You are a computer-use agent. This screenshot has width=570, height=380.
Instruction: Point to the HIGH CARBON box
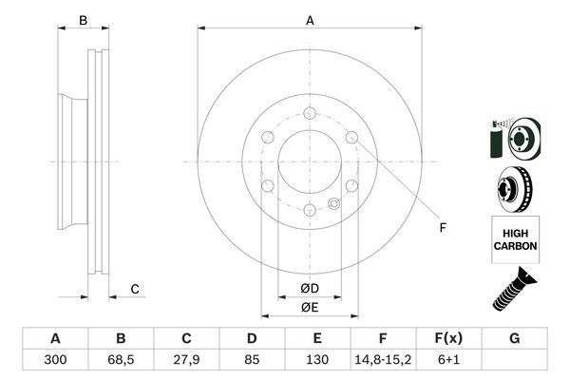click(515, 238)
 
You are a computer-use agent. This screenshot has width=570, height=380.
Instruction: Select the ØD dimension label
click(309, 288)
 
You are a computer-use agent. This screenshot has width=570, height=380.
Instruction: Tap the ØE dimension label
click(309, 306)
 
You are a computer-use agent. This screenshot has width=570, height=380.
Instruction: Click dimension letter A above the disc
click(310, 20)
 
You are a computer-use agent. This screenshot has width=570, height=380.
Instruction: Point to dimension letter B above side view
click(83, 20)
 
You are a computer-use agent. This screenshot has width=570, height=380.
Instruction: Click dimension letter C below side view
click(135, 289)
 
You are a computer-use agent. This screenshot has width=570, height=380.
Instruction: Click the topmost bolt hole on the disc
click(310, 114)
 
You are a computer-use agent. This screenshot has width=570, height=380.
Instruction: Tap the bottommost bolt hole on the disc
click(310, 210)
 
